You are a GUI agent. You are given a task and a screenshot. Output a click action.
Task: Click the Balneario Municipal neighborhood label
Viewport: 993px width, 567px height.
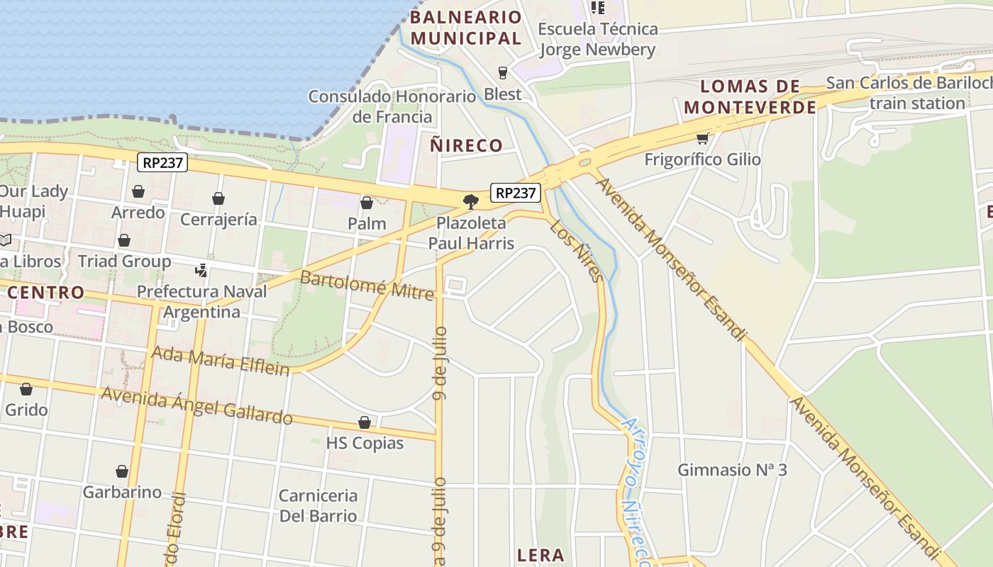[x=466, y=28]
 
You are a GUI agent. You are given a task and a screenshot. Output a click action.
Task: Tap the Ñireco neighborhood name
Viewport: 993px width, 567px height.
[x=466, y=146]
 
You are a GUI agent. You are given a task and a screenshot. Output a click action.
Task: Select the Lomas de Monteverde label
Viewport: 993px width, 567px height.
[x=750, y=97]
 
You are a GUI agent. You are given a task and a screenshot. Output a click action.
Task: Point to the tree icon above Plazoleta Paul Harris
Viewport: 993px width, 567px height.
[x=470, y=202]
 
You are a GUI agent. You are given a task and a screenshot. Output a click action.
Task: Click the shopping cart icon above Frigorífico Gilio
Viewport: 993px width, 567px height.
[x=702, y=138]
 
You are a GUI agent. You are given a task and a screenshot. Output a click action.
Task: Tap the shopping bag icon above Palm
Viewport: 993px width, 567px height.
[x=367, y=203]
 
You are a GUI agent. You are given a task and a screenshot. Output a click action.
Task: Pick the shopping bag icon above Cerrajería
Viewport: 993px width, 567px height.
[x=218, y=198]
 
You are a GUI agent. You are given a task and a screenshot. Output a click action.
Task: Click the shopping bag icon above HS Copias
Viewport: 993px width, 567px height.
[x=365, y=423]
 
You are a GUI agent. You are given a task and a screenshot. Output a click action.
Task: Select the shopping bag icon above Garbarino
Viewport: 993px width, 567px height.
[x=122, y=471]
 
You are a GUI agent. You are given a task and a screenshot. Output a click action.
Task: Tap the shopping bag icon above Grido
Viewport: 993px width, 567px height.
[x=26, y=389]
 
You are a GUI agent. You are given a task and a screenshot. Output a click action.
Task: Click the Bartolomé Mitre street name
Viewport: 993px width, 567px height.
[x=367, y=285]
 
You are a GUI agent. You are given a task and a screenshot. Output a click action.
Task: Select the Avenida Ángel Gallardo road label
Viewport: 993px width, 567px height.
[x=196, y=405]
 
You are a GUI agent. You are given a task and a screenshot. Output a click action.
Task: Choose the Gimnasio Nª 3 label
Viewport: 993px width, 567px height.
[x=732, y=470]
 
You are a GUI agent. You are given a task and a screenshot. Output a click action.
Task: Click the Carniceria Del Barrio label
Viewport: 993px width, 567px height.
[x=318, y=505]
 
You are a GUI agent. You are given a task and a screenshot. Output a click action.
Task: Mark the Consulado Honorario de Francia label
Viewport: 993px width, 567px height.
[x=392, y=106]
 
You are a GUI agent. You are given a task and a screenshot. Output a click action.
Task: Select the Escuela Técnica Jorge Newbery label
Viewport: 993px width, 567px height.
[x=598, y=39]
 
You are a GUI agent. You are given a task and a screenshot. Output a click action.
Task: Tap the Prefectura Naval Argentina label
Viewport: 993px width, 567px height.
[x=201, y=301]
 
